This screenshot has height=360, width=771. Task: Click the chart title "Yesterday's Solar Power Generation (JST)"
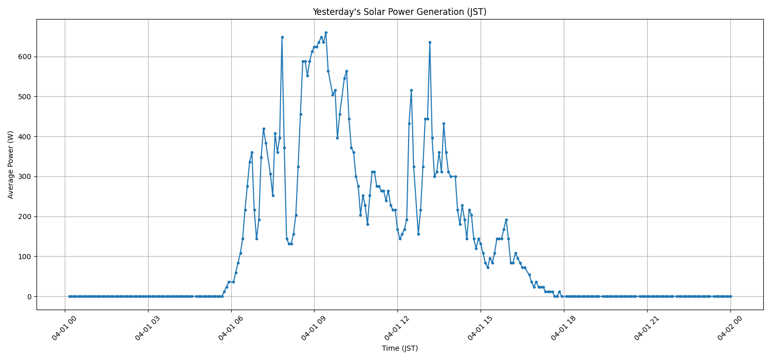[x=399, y=12]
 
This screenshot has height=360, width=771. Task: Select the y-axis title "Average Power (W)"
[x=11, y=165]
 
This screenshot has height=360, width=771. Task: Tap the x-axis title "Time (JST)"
[x=399, y=348]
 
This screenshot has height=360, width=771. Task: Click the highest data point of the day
[x=326, y=32]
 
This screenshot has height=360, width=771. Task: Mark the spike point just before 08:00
[x=282, y=37]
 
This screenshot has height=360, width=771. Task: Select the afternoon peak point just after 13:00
[x=430, y=42]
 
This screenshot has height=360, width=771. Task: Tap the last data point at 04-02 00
[x=730, y=296]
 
